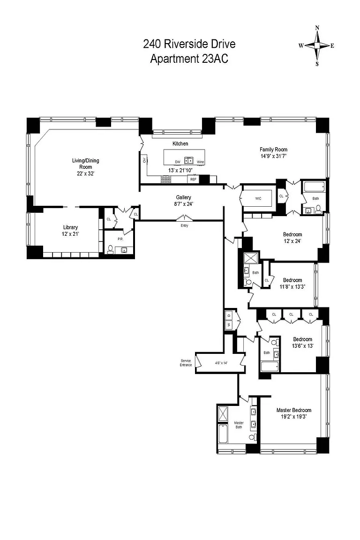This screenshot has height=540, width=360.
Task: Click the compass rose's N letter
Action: [317, 28]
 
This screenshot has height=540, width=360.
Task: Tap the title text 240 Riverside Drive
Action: [189, 44]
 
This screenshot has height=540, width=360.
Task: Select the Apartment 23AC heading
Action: [189, 59]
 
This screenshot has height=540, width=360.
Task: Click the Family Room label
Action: [274, 150]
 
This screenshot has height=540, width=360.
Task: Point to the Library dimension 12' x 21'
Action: [71, 234]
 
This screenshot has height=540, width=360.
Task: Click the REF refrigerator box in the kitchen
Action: [193, 180]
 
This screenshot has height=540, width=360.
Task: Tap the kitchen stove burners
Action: [166, 179]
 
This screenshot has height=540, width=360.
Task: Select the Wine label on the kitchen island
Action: [200, 162]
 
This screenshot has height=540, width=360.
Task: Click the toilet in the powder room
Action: [110, 249]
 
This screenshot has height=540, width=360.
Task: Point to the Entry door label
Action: [185, 225]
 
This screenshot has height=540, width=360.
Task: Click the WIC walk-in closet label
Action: [258, 198]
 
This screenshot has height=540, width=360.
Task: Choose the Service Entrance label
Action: [185, 363]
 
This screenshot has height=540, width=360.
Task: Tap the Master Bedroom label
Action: [294, 410]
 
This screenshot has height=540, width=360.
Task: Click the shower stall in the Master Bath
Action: [223, 413]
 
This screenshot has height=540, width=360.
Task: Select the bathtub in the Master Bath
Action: [223, 434]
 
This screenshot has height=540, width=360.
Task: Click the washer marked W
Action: [229, 325]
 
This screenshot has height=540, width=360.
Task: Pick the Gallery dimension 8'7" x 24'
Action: [184, 203]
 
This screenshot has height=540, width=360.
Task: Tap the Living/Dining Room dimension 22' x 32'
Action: [85, 173]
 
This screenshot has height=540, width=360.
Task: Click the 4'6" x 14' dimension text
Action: [221, 363]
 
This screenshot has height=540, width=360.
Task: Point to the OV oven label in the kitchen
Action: [144, 160]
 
